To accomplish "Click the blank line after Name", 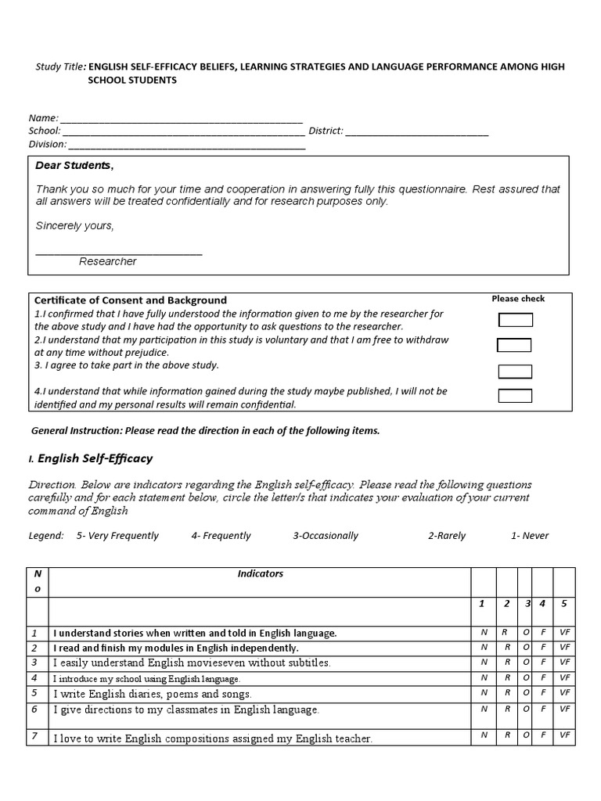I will [181, 120].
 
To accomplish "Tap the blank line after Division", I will [187, 145].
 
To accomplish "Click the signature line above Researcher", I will [119, 252].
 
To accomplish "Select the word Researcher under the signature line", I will [108, 261].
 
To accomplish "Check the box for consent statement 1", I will [515, 320].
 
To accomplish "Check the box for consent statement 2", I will [513, 345].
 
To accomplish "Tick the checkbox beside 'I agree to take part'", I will [515, 372].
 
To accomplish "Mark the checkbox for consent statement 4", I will [515, 396].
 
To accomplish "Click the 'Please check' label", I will [518, 299].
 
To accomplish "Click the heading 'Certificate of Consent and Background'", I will [131, 300].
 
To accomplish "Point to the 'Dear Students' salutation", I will [74, 166].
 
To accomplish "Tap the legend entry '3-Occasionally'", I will [326, 536].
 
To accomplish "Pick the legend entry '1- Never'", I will [530, 536].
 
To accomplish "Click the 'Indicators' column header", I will [260, 573].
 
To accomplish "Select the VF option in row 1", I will [564, 632].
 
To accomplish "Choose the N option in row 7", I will [484, 735].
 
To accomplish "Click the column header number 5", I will [563, 603].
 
